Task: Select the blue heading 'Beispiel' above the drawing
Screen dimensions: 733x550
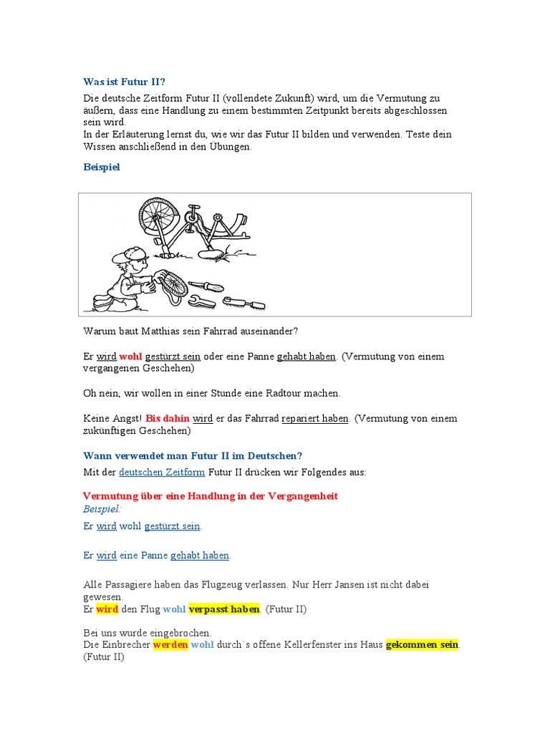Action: point(102,167)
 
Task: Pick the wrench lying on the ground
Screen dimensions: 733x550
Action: point(236,301)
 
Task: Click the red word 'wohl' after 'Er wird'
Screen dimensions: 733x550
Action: point(130,356)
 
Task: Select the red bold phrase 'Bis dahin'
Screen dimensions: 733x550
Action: point(168,418)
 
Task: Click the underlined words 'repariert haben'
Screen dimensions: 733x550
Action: point(315,418)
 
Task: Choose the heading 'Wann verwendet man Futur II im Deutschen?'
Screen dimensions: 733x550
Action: point(193,455)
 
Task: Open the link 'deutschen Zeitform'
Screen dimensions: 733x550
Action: point(162,472)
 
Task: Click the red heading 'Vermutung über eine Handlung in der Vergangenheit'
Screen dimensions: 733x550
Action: point(211,495)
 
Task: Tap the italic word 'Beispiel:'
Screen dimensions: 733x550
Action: point(102,508)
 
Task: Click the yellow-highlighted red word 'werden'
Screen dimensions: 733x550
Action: point(170,645)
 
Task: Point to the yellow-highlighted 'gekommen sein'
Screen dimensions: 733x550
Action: point(422,645)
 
